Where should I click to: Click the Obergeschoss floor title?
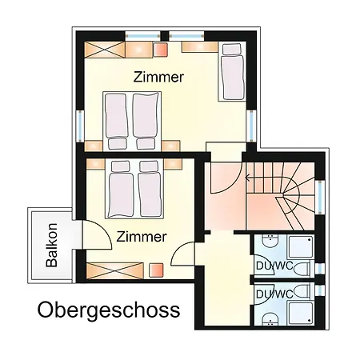point(109,310)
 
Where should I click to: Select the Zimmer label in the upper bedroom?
point(158,78)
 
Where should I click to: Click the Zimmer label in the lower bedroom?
point(141,237)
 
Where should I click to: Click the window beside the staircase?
point(320,200)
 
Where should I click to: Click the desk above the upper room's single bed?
point(200,47)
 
